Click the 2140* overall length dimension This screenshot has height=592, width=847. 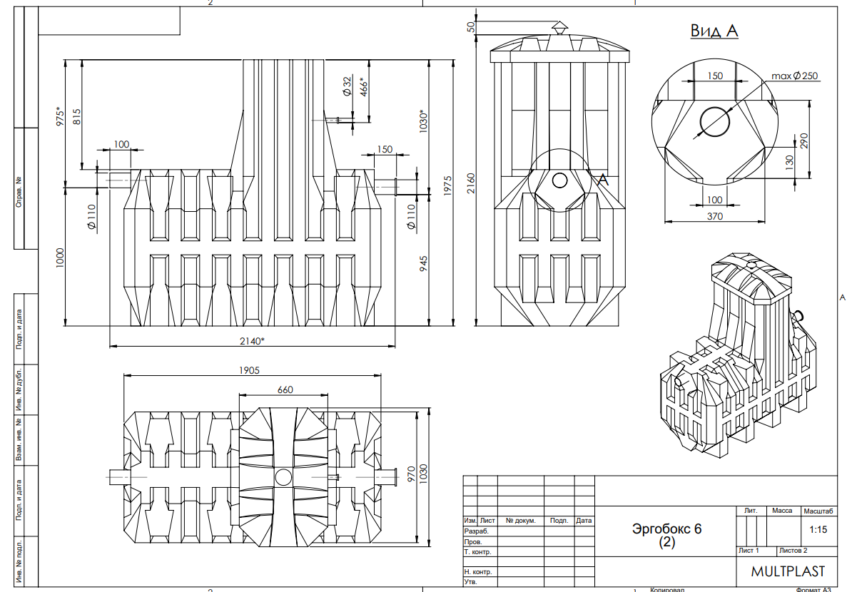coord(253,341)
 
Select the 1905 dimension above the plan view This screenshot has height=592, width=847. coord(249,370)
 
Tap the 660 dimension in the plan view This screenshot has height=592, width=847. coord(285,389)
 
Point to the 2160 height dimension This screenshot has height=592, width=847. coord(470,183)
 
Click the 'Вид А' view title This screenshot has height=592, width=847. coord(714,31)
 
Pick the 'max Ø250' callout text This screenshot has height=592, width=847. coord(794,76)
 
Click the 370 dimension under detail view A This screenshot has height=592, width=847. coord(714,216)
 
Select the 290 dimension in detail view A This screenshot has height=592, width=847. coord(804,141)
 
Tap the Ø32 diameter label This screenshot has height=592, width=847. coord(347,86)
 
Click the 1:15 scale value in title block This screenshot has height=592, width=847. coord(818,529)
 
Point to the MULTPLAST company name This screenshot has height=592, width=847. coord(788,571)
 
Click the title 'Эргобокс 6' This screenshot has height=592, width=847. coord(666,529)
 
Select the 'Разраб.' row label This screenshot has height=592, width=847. coord(476,531)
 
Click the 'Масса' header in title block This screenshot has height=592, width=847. coord(781,511)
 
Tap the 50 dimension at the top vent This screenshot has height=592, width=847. coord(471,27)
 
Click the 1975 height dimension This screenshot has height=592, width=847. coord(447,185)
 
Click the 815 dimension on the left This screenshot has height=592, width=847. coord(76,117)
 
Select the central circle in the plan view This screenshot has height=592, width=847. coord(283,477)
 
